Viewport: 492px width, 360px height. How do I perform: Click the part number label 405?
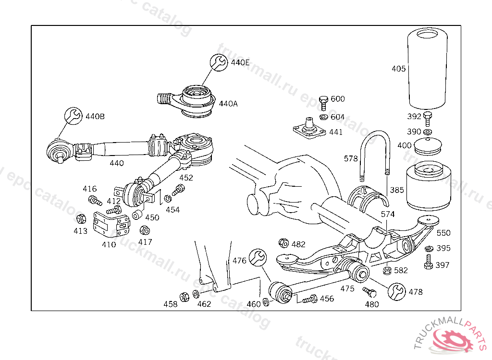[398, 69]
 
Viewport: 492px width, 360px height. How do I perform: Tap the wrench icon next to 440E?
[219, 62]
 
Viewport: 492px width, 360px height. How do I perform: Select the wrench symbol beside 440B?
[74, 116]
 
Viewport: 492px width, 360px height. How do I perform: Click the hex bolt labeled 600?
[323, 103]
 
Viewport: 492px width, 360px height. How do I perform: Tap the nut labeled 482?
[283, 243]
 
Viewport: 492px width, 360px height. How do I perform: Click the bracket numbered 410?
[111, 224]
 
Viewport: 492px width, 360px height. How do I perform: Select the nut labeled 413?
[81, 218]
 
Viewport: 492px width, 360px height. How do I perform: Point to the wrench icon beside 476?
[258, 258]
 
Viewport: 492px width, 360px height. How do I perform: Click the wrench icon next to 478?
[396, 292]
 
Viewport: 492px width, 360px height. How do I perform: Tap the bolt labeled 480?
[369, 292]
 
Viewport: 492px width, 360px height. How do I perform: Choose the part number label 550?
[443, 233]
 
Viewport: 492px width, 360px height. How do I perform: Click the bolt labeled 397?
[428, 262]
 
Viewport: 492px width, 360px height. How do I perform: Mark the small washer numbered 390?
[427, 132]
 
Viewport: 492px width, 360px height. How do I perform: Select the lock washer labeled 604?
[324, 117]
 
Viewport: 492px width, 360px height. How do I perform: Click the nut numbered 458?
[184, 297]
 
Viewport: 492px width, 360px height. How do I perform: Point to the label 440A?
[228, 104]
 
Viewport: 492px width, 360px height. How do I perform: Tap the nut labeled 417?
[144, 230]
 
